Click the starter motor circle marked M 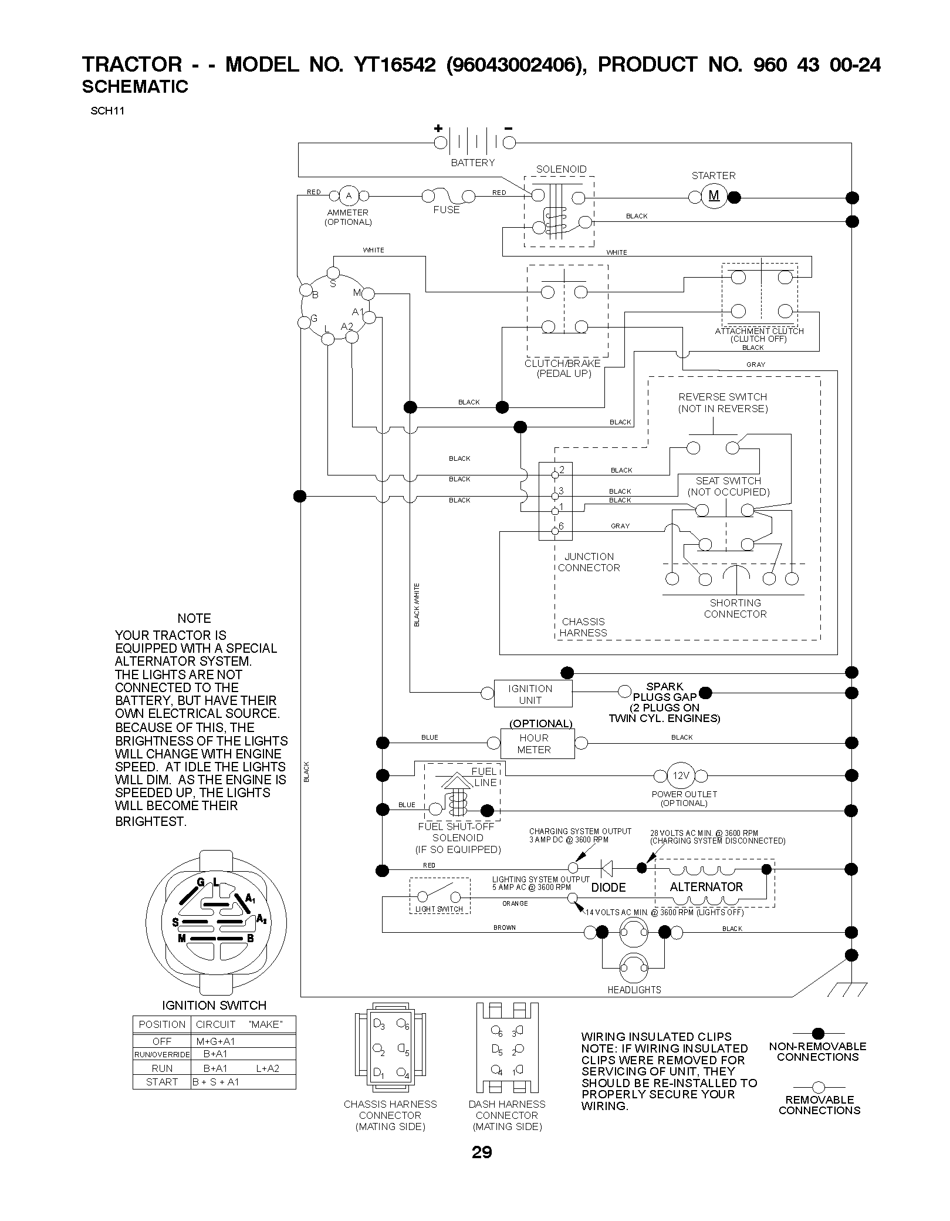click(x=714, y=196)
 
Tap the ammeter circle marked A click(x=349, y=195)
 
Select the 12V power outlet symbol click(x=681, y=775)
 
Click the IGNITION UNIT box click(x=532, y=693)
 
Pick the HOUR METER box click(x=537, y=743)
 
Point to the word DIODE click(x=608, y=887)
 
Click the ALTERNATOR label click(x=706, y=886)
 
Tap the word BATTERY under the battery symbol click(x=472, y=163)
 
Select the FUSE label click(x=447, y=210)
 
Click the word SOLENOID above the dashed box click(x=561, y=169)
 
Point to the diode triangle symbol click(x=606, y=868)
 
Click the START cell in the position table click(x=162, y=1082)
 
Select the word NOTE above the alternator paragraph click(x=194, y=618)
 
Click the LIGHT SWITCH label click(x=439, y=909)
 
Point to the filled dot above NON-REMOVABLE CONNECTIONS click(x=818, y=1033)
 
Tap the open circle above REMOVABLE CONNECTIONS click(x=819, y=1087)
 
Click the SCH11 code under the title click(x=107, y=111)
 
